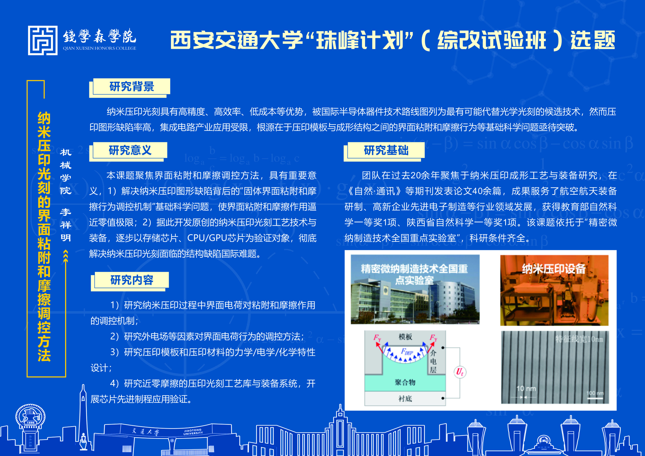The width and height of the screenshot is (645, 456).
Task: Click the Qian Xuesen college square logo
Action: (x=43, y=41)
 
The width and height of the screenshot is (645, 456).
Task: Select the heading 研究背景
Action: (x=132, y=87)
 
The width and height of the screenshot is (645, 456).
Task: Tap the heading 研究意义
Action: (x=130, y=150)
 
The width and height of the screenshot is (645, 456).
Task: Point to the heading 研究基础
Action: (x=386, y=150)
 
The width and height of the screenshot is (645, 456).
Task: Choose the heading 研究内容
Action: (x=132, y=280)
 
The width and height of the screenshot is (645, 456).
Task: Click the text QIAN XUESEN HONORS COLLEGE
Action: (x=100, y=48)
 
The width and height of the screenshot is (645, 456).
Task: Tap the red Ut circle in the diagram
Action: (x=460, y=372)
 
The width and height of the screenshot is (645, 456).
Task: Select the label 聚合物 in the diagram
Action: (x=405, y=382)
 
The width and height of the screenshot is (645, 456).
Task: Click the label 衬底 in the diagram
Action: (x=405, y=398)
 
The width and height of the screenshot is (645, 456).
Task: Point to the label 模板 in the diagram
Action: (x=405, y=337)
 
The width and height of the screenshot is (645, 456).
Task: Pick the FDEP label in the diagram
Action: (x=407, y=352)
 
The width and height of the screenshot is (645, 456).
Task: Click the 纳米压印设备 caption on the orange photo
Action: (x=554, y=269)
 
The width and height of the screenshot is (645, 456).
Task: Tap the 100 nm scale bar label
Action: (x=595, y=393)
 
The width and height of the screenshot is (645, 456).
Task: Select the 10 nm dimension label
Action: (x=526, y=389)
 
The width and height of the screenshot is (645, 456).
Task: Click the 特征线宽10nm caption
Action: (x=579, y=339)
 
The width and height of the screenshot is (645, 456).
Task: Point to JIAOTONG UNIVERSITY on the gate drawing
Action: (x=193, y=432)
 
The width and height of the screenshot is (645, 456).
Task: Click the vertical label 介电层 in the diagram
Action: (x=433, y=361)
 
